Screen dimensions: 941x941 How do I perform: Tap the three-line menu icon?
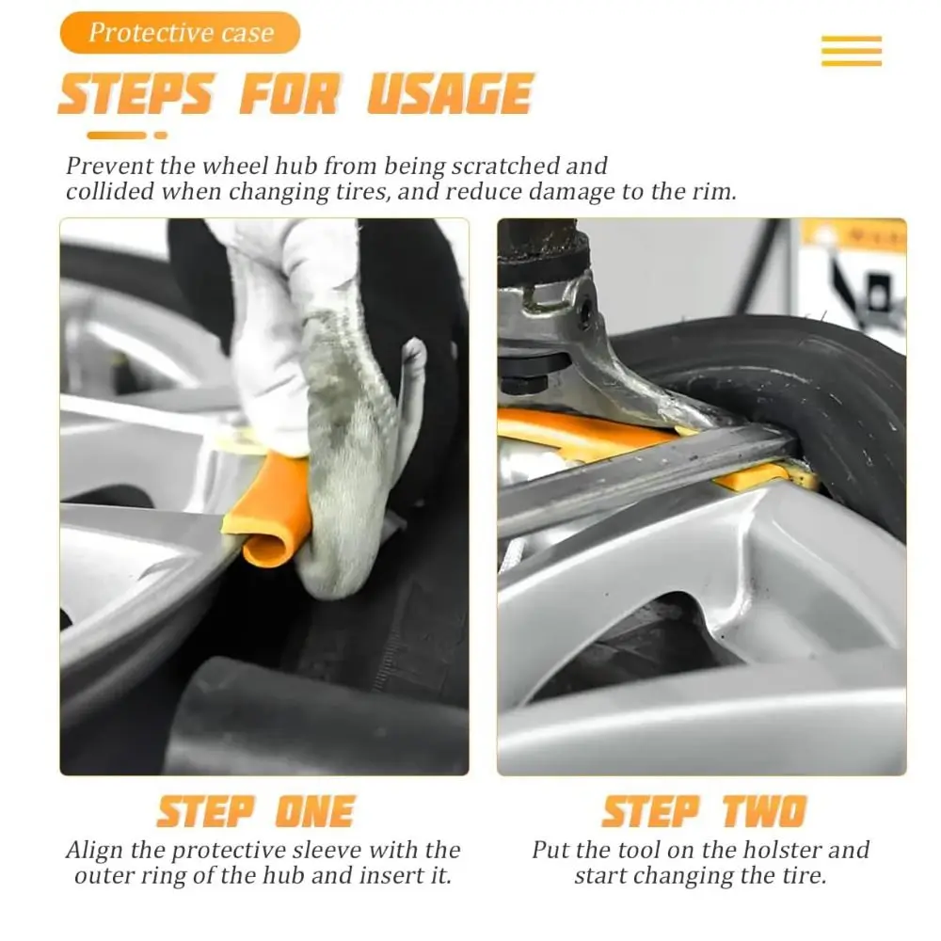851,51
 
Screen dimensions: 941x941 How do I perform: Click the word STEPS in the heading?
136,95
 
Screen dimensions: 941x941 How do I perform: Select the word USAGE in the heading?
450,95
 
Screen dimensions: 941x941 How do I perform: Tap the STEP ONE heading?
255,811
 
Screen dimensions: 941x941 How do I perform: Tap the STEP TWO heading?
704,811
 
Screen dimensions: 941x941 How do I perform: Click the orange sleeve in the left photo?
268,509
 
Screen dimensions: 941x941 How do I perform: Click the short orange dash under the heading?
160,136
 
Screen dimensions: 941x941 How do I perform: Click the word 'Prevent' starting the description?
100,167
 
